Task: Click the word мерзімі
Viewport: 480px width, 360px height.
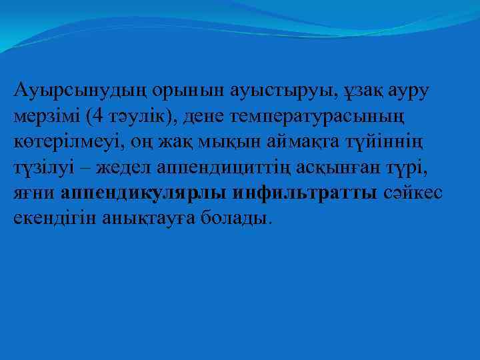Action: (47, 117)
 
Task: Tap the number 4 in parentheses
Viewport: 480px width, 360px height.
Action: (99, 117)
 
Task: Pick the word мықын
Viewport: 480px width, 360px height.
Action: (221, 141)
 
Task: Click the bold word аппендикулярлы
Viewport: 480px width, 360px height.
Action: (145, 192)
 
